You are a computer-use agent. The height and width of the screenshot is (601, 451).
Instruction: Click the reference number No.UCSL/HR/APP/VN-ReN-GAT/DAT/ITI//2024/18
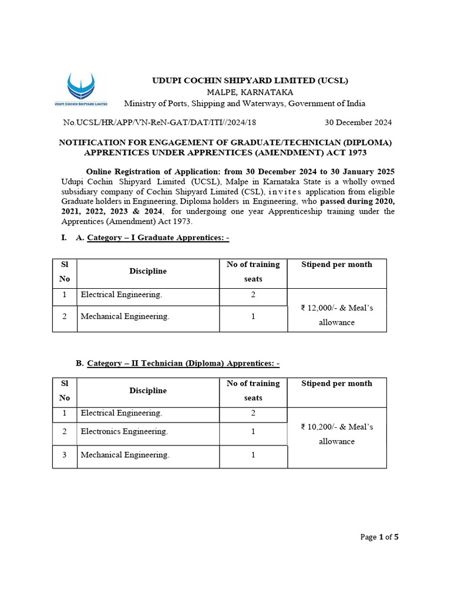[x=159, y=123]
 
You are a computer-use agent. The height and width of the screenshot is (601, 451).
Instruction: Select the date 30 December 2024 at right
[x=358, y=123]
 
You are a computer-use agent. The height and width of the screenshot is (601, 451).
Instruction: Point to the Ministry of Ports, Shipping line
[x=244, y=104]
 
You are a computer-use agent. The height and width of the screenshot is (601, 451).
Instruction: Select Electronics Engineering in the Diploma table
[x=124, y=431]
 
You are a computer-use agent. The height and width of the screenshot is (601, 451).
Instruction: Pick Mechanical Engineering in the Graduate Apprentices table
[x=125, y=316]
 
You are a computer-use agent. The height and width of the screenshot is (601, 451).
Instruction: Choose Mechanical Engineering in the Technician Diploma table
[x=125, y=455]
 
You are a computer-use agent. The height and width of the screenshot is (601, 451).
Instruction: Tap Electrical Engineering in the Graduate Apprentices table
[x=122, y=295]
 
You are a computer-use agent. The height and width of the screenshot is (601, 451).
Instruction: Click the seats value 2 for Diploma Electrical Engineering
[x=253, y=413]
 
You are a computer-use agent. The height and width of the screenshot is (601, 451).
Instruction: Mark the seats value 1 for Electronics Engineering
[x=253, y=431]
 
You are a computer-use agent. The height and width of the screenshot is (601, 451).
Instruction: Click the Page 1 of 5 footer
[x=379, y=537]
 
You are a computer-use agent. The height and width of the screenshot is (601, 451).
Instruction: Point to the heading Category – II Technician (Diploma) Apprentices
[x=183, y=364]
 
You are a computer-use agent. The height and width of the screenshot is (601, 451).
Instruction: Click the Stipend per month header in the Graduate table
[x=336, y=265]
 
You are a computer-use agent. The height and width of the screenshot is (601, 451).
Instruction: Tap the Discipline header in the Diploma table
[x=148, y=391]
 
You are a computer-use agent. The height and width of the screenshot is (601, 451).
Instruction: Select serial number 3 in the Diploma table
[x=65, y=455]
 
